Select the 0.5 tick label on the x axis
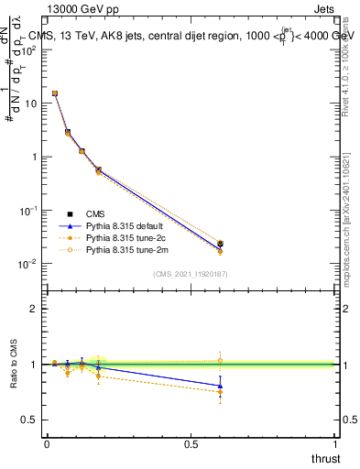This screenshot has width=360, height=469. point(191,444)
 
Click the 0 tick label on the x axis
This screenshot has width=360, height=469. point(47,444)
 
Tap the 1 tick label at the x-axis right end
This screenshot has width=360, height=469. point(335,444)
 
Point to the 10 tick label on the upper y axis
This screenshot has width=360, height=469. point(30,104)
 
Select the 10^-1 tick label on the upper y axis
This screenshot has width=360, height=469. point(27,211)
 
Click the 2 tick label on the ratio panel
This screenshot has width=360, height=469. point(34,309)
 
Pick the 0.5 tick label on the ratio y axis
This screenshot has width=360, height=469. point(29,420)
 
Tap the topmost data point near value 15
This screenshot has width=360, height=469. point(55,93)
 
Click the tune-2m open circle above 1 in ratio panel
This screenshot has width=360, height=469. point(220,360)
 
